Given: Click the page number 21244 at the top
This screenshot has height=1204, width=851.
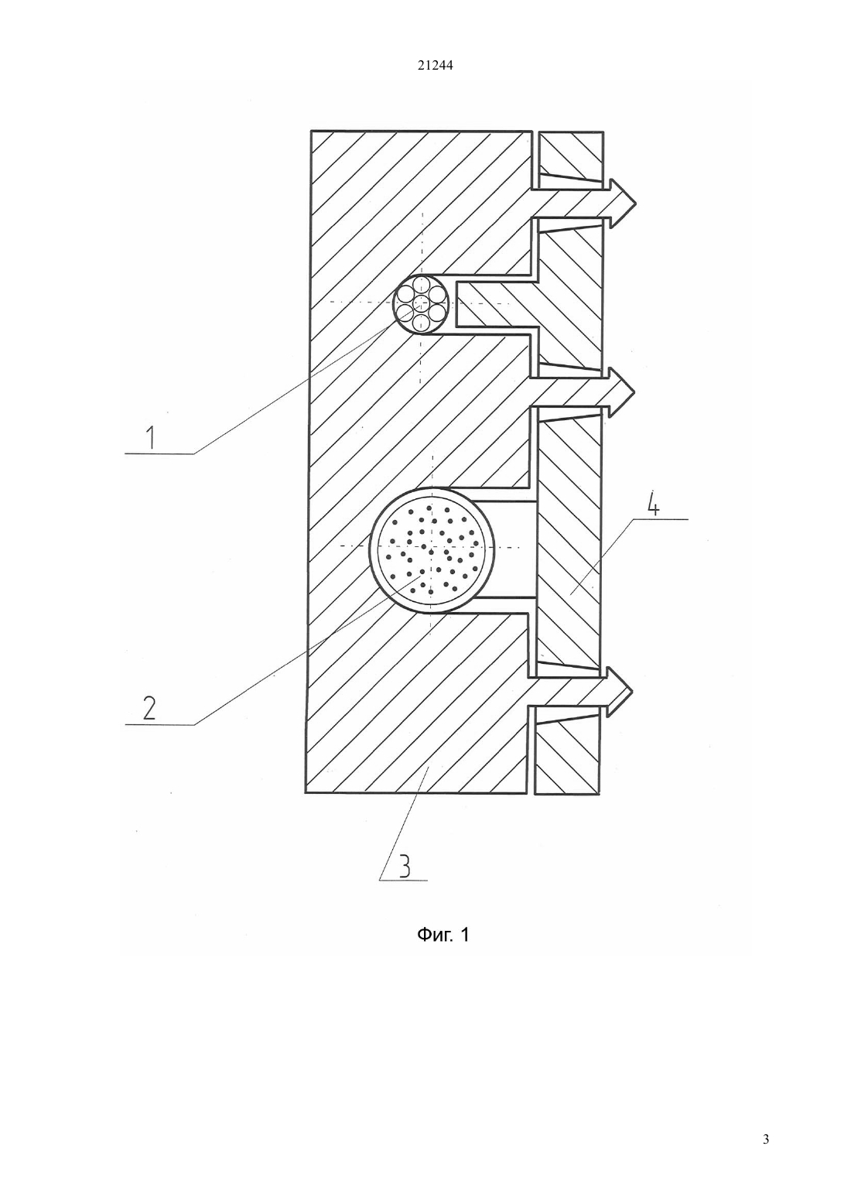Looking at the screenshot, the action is pos(435,66).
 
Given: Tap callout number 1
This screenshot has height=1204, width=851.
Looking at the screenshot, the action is pos(152,437).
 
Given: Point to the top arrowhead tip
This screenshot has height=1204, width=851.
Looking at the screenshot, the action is pos(637,204).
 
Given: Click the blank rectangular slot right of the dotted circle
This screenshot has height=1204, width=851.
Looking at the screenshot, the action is pos(506,550).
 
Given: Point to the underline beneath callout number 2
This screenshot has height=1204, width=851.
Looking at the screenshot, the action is pos(159,724).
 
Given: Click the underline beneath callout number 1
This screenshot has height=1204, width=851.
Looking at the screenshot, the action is pos(159,454).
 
